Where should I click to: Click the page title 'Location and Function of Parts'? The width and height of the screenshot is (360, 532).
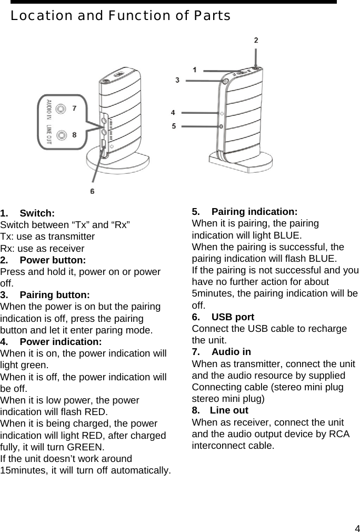120,16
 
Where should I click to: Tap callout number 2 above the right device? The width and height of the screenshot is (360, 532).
256,40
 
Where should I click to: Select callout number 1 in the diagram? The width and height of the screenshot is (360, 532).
195,70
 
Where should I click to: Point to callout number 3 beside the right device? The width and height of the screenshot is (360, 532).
177,80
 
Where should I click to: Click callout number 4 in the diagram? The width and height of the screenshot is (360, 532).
173,112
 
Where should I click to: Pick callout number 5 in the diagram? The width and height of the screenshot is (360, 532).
173,126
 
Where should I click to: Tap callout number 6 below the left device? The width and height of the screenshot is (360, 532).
93,191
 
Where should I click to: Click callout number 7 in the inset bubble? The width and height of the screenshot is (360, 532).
74,109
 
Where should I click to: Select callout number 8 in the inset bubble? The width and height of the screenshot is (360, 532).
74,134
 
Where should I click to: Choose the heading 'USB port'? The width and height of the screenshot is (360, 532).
233,317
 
